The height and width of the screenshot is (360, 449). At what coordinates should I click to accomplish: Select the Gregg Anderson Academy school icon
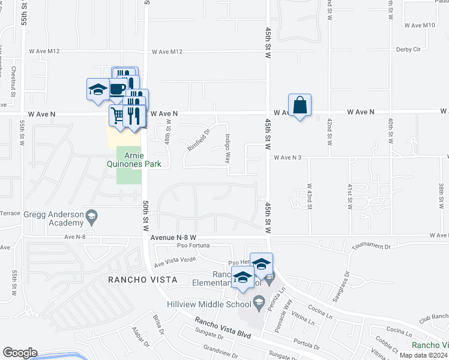click(x=91, y=215)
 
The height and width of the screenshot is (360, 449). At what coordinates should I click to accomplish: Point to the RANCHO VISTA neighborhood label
click(x=142, y=280)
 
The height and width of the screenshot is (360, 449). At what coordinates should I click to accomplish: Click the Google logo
click(x=20, y=353)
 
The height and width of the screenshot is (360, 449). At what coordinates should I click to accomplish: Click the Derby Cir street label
click(x=424, y=49)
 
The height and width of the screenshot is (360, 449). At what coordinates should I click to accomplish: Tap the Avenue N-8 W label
click(x=173, y=237)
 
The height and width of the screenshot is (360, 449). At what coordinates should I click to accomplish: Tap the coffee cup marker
click(x=118, y=89)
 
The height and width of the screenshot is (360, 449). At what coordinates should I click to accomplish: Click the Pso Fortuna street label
click(x=193, y=245)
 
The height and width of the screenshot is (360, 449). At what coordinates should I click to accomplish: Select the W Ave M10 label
click(x=420, y=25)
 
